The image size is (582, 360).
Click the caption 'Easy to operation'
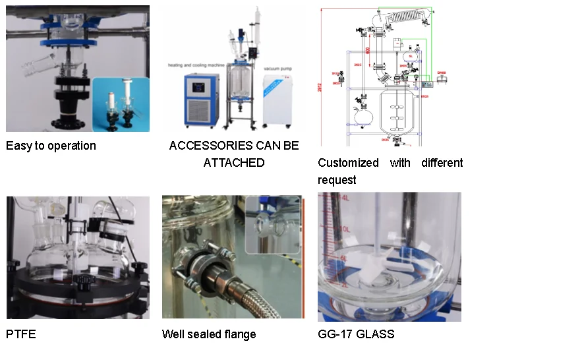click(x=51, y=146)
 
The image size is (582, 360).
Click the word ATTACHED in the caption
click(x=233, y=162)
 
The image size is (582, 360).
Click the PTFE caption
click(x=20, y=334)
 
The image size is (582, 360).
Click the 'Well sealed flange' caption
click(x=209, y=334)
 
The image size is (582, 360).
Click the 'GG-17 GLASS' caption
click(x=356, y=334)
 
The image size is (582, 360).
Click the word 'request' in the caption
click(x=337, y=180)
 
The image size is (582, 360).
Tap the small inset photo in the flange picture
click(x=272, y=224)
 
